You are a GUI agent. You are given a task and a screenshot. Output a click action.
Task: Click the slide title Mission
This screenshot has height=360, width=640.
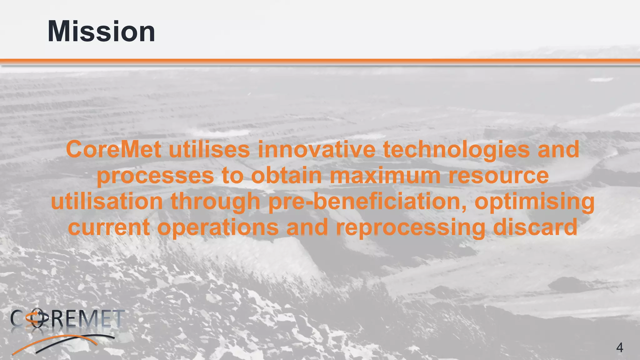[101, 32]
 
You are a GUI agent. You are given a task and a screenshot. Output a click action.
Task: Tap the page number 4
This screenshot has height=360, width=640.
[619, 347]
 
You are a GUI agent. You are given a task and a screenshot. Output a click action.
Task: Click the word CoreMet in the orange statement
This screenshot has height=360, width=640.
[113, 150]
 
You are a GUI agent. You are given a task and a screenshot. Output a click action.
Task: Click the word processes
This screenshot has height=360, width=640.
[155, 176]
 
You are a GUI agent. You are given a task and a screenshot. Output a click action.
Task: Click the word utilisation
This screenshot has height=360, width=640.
[107, 201]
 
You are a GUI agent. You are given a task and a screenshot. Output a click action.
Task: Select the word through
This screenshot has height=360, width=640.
[216, 202]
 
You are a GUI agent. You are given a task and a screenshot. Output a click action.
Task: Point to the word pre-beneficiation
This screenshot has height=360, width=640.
[367, 202]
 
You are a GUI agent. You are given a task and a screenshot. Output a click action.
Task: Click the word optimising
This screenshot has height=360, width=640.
[534, 202]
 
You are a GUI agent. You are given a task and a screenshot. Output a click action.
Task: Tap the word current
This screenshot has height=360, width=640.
[108, 227]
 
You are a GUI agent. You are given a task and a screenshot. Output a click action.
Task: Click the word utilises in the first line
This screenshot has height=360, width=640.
[209, 150]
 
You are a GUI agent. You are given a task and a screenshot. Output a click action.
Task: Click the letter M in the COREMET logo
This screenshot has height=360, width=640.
[91, 318]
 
